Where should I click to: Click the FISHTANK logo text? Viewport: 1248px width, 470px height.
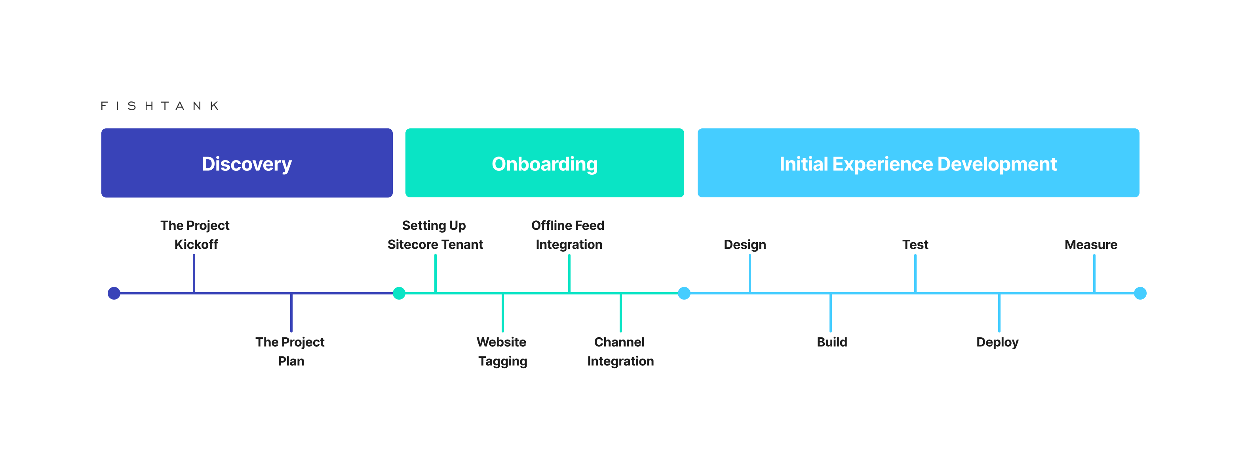click(160, 106)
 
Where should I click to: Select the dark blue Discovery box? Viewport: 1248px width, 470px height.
click(247, 163)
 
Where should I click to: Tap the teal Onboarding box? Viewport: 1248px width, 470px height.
click(544, 163)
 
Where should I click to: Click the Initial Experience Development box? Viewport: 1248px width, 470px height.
click(918, 163)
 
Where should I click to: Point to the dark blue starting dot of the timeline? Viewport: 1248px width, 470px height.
click(114, 293)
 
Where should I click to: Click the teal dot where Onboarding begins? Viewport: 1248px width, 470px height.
click(399, 293)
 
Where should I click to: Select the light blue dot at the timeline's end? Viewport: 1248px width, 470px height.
click(1140, 293)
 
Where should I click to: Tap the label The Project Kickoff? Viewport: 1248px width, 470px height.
click(195, 235)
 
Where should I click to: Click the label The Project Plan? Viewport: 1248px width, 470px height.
click(290, 351)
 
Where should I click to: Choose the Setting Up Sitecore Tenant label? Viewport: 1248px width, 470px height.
click(435, 235)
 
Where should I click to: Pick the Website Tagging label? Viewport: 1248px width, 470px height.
click(502, 351)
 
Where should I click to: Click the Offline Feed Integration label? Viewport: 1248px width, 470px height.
click(568, 235)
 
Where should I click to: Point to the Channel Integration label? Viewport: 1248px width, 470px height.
click(620, 351)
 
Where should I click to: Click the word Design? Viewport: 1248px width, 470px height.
click(745, 245)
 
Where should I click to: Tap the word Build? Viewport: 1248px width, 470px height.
click(831, 342)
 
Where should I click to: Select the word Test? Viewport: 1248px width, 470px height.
click(915, 245)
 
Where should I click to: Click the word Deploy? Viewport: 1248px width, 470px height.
click(997, 342)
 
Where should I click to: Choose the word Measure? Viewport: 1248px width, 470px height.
click(1090, 245)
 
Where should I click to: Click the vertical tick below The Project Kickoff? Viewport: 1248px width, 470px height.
click(194, 273)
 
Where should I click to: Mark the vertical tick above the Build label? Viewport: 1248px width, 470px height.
click(830, 313)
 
